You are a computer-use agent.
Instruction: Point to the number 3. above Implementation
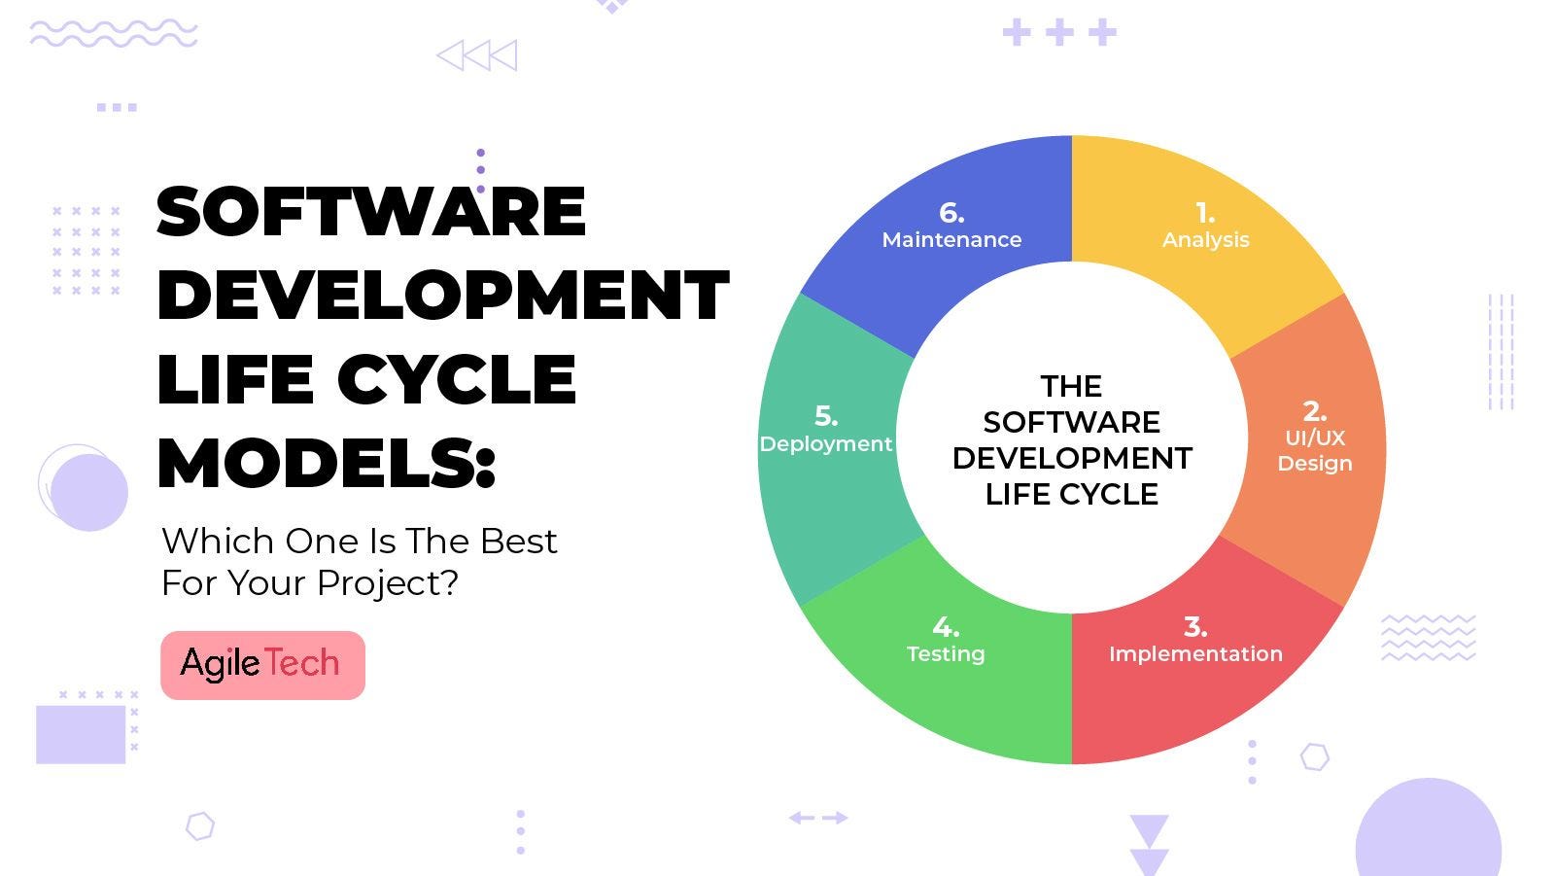tap(1195, 627)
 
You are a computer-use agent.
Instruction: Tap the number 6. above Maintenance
tap(951, 212)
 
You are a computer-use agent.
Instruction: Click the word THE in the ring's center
tap(1071, 386)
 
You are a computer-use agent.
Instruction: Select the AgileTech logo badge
tap(262, 665)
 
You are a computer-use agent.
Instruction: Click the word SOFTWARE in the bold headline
tap(371, 211)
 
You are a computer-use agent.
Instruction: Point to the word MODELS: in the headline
tap(327, 463)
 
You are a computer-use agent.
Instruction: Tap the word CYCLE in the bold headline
tap(457, 379)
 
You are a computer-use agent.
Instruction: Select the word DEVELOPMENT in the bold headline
tap(442, 295)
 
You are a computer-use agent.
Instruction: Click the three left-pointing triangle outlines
tap(476, 55)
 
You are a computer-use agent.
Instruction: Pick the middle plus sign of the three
tap(1059, 32)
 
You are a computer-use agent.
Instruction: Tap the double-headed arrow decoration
tap(818, 818)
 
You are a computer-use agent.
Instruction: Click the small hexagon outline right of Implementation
tap(1314, 756)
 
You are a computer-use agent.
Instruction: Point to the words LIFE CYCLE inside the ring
tap(1071, 494)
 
